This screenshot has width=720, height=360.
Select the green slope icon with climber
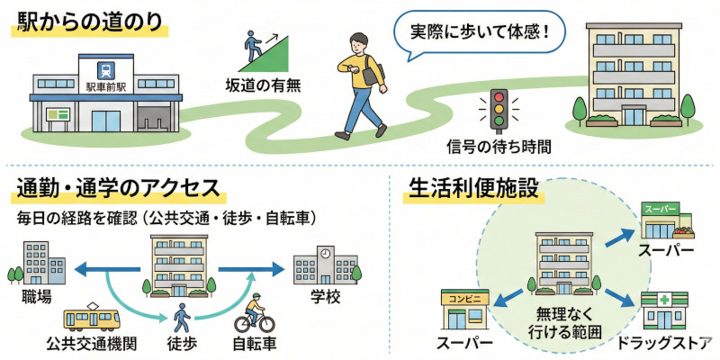pyautogui.click(x=265, y=50)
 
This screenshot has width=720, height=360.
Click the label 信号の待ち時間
pyautogui.click(x=499, y=144)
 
